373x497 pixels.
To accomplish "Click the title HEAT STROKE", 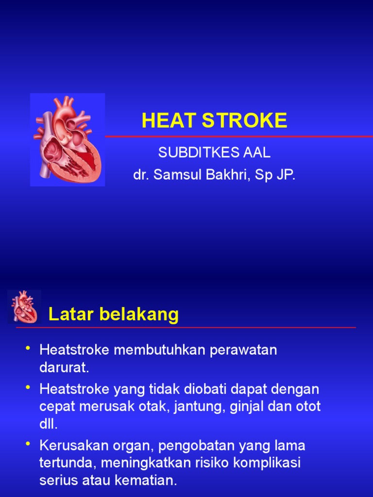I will coord(214,121).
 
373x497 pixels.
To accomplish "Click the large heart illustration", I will coord(68,140).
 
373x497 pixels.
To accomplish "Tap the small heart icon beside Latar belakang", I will coord(24,307).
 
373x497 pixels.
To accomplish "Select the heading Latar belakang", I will coord(114,315).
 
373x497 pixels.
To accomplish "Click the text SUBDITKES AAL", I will coord(214,153).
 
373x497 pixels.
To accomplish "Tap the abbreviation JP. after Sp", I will coord(286,175).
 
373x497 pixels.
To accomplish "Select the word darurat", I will coord(64,367).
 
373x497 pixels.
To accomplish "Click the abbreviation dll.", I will coord(49,424).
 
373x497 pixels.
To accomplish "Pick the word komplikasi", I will coord(267,463).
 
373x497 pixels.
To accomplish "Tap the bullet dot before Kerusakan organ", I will coord(28,443).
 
